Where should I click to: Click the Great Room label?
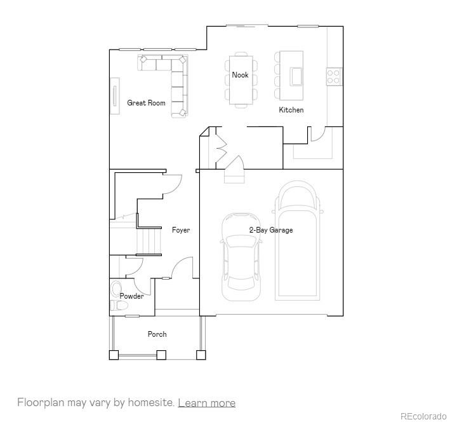[146, 103]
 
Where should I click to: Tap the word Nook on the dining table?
[240, 75]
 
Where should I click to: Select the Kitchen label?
[291, 110]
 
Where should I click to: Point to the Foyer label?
[181, 230]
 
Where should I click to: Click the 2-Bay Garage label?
[270, 230]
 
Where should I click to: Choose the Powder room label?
[131, 296]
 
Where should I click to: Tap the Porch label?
[157, 334]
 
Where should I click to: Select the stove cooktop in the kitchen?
[334, 76]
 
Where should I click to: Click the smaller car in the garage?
[241, 255]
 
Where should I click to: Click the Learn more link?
[206, 403]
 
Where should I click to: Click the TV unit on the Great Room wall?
[115, 96]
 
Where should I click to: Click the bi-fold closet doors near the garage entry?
[222, 148]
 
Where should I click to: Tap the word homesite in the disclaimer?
[150, 403]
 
